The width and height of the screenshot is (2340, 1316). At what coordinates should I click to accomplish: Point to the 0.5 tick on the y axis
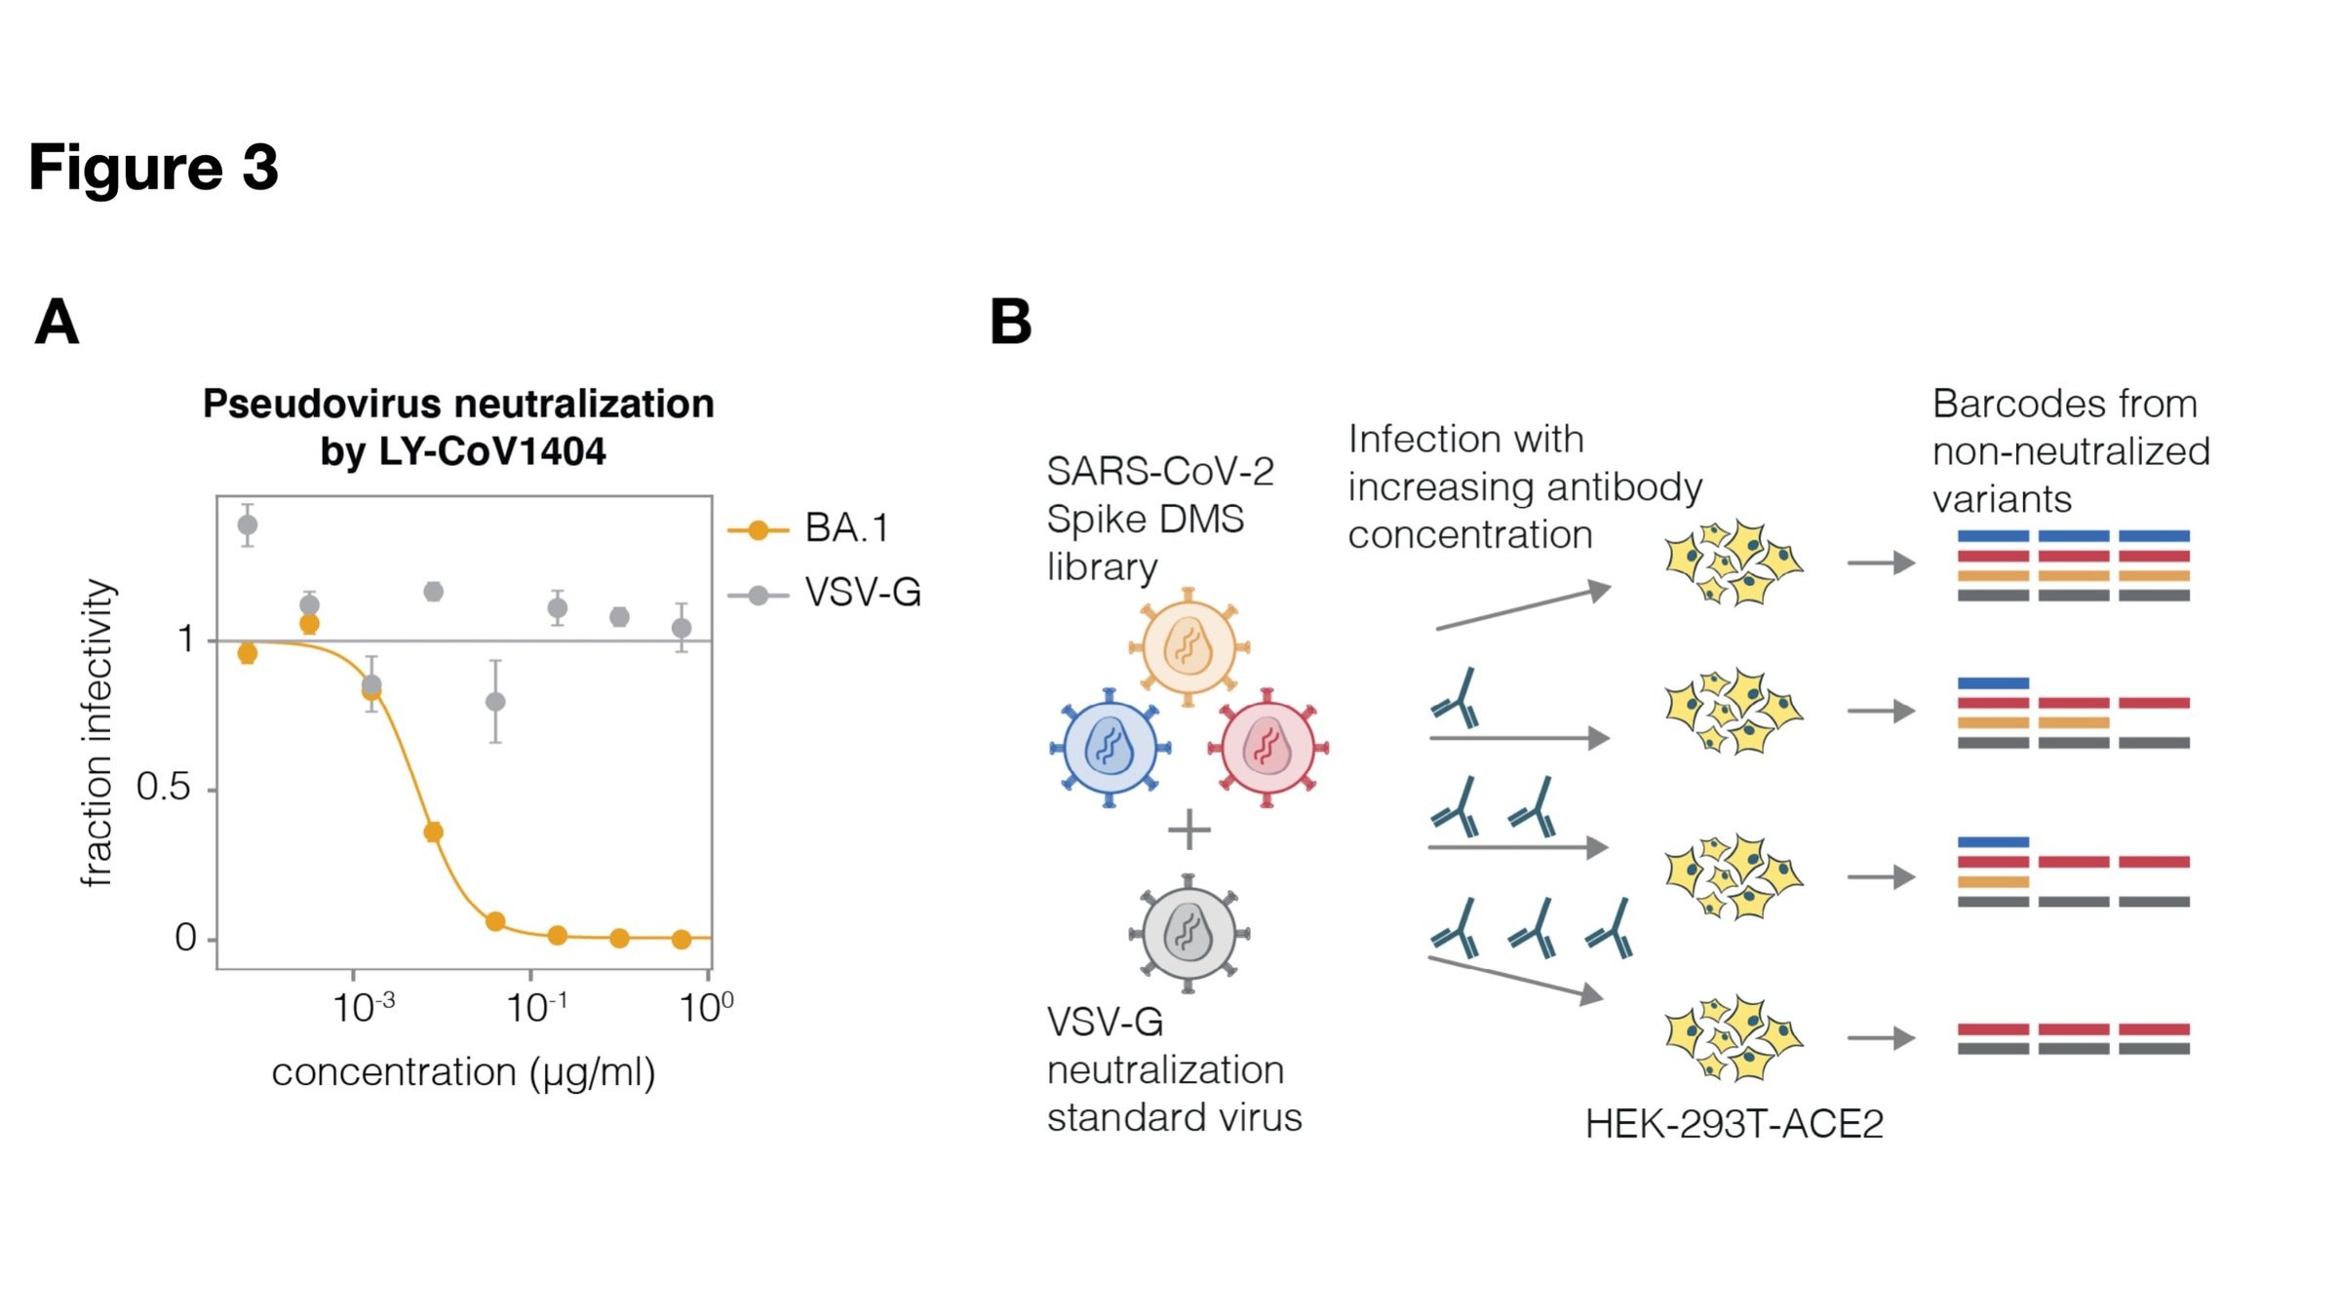164,788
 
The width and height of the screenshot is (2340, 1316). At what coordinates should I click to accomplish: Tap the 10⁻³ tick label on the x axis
363,1007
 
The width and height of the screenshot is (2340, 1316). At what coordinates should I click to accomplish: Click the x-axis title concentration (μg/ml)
463,1072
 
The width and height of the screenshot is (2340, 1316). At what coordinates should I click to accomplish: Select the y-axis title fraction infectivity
97,733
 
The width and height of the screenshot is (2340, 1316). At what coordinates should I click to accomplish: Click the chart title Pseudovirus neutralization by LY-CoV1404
459,427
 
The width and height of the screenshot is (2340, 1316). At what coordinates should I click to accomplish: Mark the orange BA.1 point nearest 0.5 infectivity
434,832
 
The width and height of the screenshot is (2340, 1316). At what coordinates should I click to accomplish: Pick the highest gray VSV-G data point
248,525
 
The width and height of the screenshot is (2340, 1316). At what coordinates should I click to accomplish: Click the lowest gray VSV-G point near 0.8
495,702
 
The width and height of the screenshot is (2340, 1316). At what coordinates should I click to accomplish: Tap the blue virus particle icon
1110,748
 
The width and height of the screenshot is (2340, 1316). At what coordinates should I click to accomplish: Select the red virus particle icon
1267,748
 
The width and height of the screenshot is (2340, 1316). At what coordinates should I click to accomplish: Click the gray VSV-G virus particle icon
1189,933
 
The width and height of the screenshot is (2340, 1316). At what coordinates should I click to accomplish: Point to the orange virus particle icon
1189,646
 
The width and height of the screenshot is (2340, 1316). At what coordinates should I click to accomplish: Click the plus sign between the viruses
1189,831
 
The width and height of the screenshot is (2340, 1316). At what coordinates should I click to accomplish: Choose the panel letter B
1011,322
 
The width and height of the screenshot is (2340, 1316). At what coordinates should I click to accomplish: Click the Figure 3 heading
153,167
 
